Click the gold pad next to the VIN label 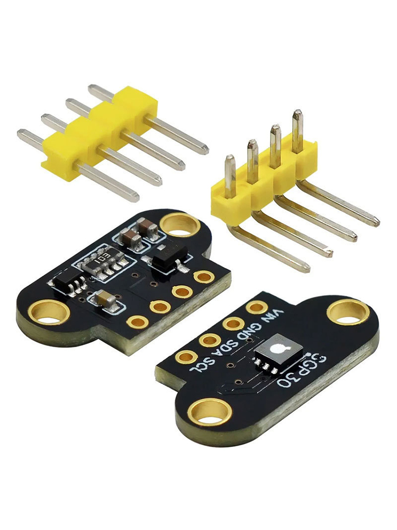256,307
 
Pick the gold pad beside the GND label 234,323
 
